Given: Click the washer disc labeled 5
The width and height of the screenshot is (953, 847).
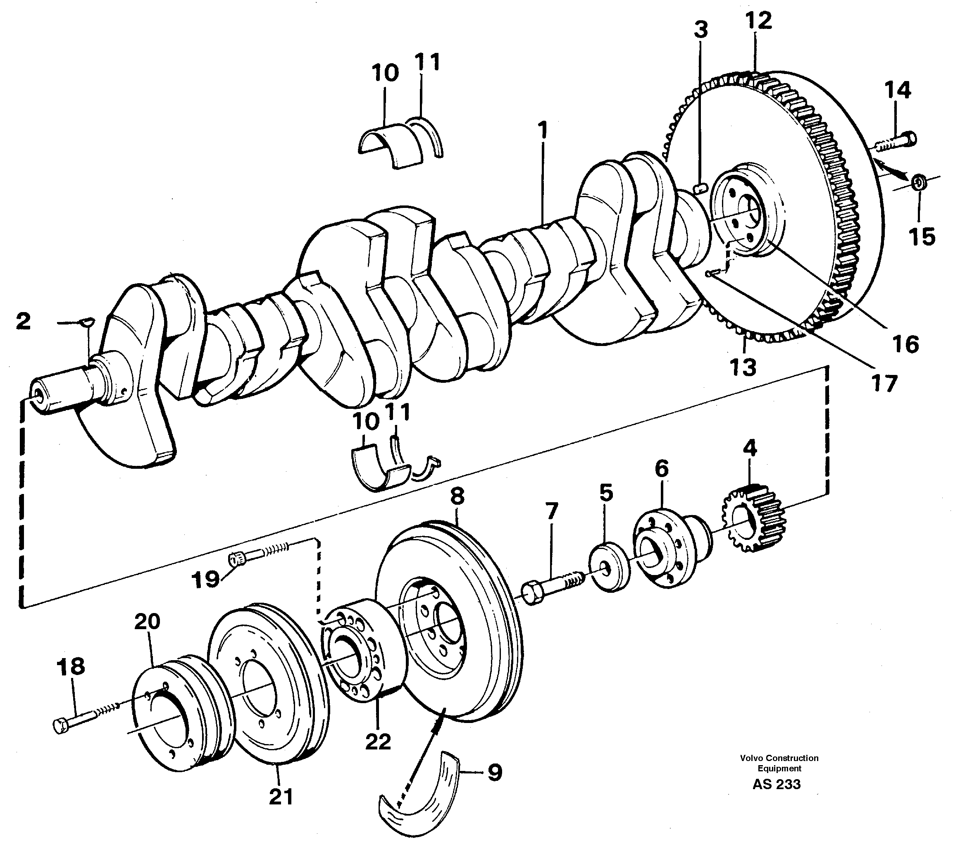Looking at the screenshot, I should (609, 567).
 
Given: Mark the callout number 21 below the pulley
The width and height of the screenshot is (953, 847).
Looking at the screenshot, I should (281, 797).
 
